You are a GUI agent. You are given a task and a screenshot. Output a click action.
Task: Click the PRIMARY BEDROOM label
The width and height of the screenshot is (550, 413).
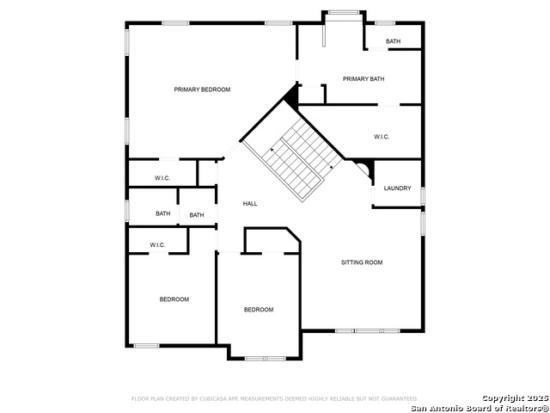click(202, 89)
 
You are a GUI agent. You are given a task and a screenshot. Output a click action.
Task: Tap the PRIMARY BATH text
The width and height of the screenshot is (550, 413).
click(364, 79)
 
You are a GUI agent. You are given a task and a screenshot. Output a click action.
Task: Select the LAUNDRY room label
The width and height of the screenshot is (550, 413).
click(397, 188)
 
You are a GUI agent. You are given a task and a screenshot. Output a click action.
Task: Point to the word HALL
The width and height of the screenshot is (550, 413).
click(250, 204)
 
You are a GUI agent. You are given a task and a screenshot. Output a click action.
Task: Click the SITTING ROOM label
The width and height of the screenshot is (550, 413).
click(362, 262)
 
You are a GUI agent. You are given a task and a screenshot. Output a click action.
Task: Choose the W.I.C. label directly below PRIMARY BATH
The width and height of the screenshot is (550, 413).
click(382, 137)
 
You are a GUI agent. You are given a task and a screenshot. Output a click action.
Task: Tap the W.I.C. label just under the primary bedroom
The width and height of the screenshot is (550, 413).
click(162, 178)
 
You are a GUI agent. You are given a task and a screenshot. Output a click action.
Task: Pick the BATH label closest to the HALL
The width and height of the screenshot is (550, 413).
click(197, 215)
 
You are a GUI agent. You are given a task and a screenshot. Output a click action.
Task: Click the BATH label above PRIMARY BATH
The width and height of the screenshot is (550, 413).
click(393, 41)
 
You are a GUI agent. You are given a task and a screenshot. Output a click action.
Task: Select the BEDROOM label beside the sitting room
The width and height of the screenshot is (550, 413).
click(259, 310)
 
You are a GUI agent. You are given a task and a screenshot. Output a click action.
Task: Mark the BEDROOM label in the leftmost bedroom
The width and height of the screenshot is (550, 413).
click(174, 299)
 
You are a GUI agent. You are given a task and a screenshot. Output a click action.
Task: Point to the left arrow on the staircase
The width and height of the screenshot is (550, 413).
click(272, 151)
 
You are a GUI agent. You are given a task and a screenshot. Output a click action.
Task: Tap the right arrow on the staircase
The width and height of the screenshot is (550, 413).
click(331, 167)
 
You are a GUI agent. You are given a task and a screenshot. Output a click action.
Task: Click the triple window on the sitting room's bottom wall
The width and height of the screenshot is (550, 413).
click(367, 330)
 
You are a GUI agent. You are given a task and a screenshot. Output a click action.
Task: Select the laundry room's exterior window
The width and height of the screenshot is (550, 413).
click(423, 196)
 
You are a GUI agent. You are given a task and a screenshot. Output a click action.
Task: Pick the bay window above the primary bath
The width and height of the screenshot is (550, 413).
click(344, 13)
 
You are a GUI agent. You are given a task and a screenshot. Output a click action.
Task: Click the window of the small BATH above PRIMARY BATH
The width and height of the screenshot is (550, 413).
click(385, 23)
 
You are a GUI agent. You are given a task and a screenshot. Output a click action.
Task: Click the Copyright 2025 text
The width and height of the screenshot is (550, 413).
click(515, 398)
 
